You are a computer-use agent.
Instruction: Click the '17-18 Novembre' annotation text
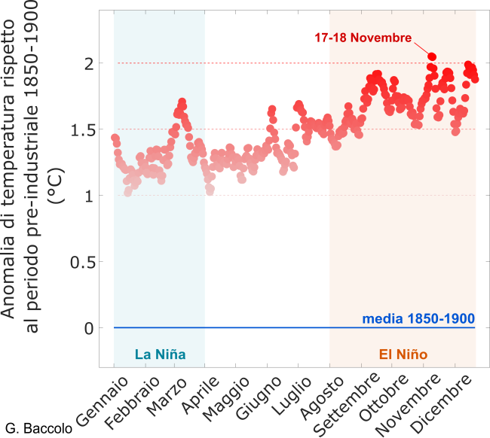(x=364, y=38)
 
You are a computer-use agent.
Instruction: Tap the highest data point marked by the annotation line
(x=432, y=56)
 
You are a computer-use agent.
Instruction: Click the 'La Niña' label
(x=160, y=354)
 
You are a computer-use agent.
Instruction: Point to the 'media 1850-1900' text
(x=418, y=318)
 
